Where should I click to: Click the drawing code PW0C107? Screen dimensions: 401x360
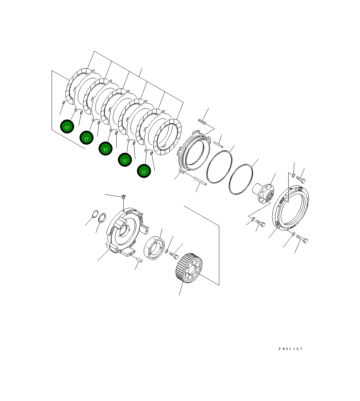(x=290, y=349)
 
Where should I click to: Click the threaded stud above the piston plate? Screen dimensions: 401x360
(x=202, y=121)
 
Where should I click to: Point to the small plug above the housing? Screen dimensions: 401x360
(x=124, y=196)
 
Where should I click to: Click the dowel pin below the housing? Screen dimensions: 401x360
(x=139, y=260)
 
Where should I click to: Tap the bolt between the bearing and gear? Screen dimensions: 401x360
(x=173, y=254)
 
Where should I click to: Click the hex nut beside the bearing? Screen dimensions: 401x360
(x=166, y=251)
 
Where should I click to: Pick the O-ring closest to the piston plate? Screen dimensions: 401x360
(x=220, y=167)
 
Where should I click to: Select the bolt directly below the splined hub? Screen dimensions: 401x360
(x=260, y=223)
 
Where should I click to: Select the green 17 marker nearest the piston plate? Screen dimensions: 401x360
(x=144, y=171)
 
